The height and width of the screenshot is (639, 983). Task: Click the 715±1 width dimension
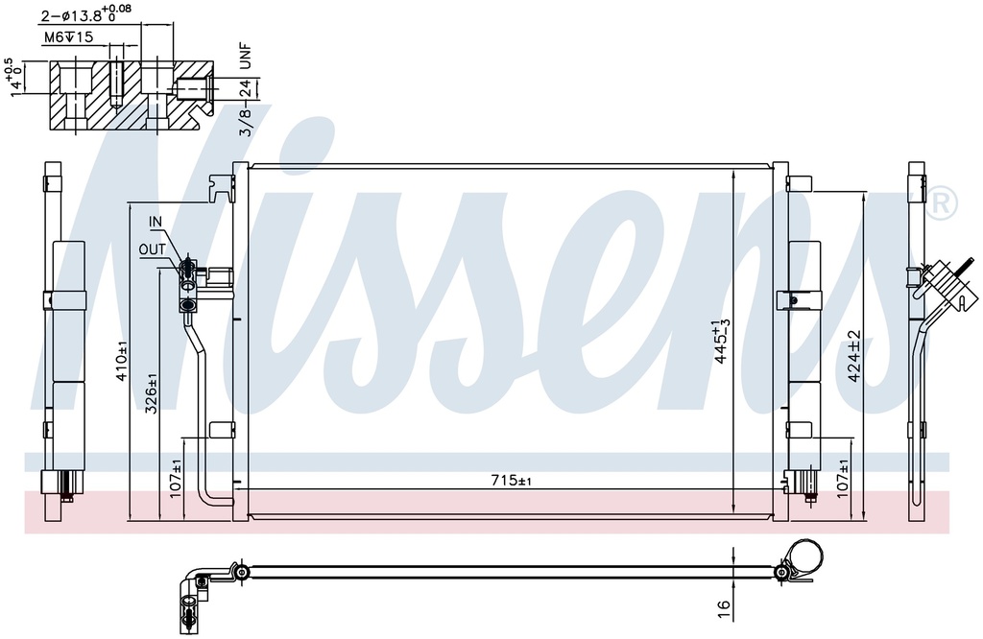(x=511, y=481)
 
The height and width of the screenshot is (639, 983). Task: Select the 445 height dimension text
(x=721, y=343)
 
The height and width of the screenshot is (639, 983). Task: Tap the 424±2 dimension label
(x=855, y=357)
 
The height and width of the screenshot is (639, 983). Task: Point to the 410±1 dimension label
(x=122, y=361)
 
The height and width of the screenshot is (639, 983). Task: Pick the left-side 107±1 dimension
(x=176, y=478)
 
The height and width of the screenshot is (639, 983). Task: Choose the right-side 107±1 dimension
(x=843, y=479)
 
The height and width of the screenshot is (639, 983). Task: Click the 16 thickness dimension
(x=724, y=605)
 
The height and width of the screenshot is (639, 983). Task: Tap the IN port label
(x=155, y=222)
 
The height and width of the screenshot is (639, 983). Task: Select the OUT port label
(x=153, y=250)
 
